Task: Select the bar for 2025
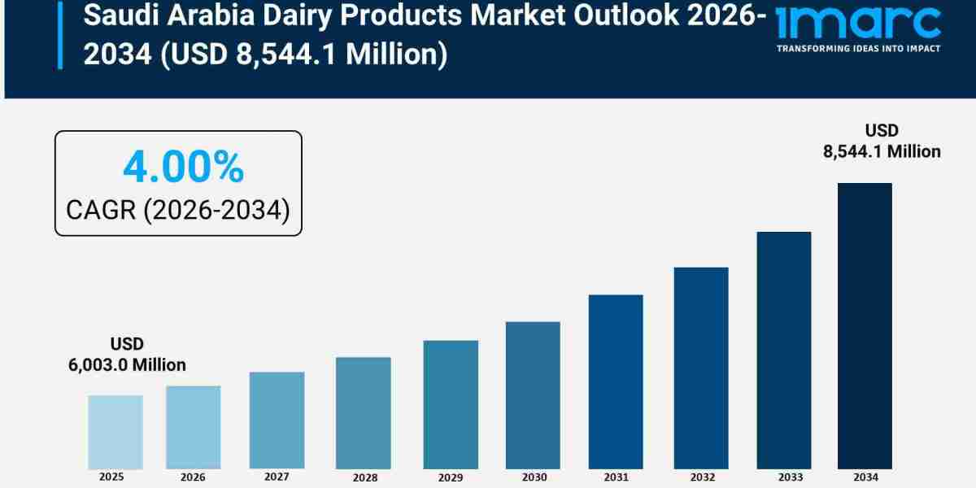[115, 432]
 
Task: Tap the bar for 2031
[616, 381]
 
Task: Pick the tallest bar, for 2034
[865, 325]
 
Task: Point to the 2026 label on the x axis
[193, 477]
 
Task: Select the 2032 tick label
[701, 477]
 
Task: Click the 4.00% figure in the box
[183, 168]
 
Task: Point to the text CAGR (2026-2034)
[177, 210]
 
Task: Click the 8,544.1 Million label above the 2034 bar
[882, 150]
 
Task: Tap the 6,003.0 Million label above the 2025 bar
[127, 365]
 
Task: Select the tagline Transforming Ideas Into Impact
[858, 49]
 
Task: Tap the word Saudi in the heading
[111, 15]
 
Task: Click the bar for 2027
[277, 420]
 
